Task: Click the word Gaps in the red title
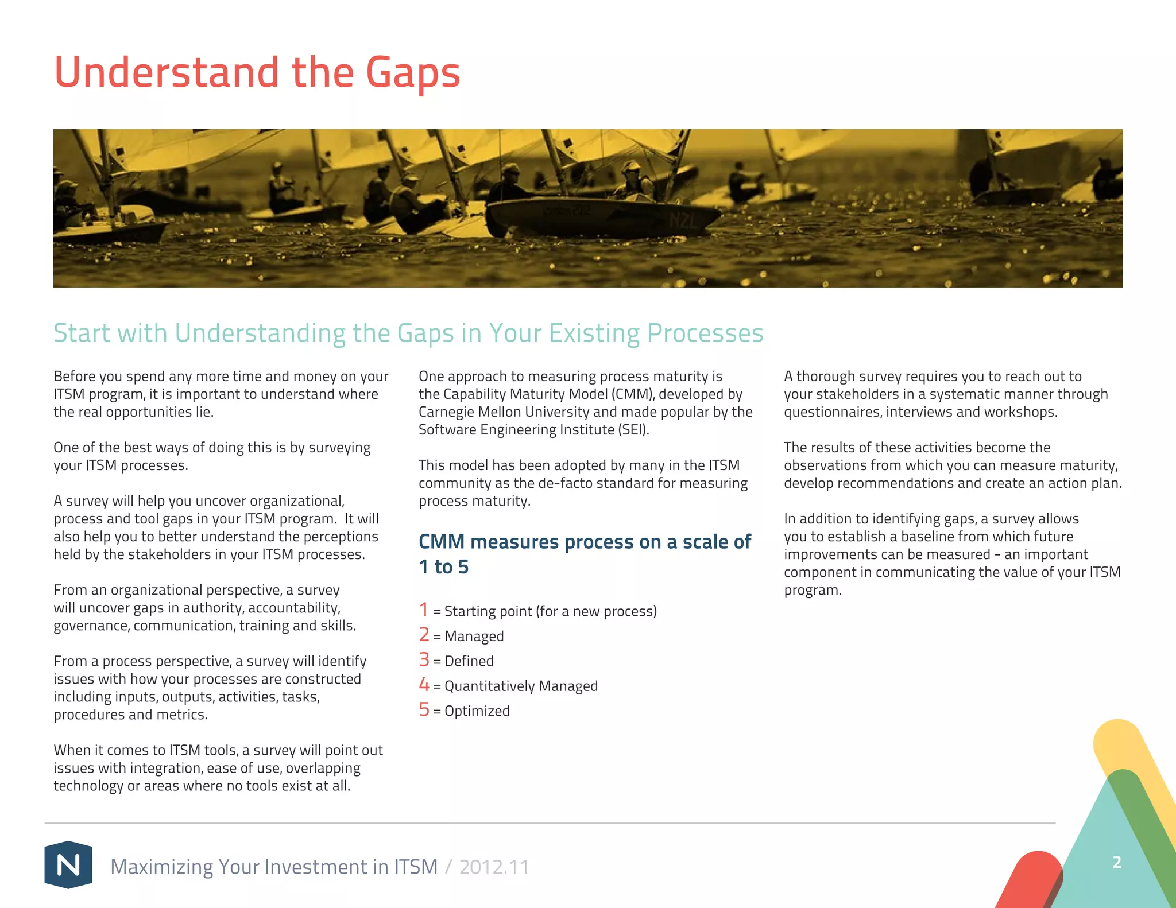tap(413, 73)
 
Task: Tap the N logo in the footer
tap(68, 864)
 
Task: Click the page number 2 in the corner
tap(1116, 862)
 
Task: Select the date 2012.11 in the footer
tap(494, 867)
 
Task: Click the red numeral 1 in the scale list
tap(424, 610)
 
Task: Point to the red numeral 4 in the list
tap(424, 685)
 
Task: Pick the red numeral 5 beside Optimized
tap(424, 709)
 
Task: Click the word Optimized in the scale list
tap(477, 711)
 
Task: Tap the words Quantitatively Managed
tap(521, 686)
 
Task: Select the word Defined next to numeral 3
tap(469, 661)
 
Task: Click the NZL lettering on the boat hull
tap(683, 220)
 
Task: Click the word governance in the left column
tap(91, 626)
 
